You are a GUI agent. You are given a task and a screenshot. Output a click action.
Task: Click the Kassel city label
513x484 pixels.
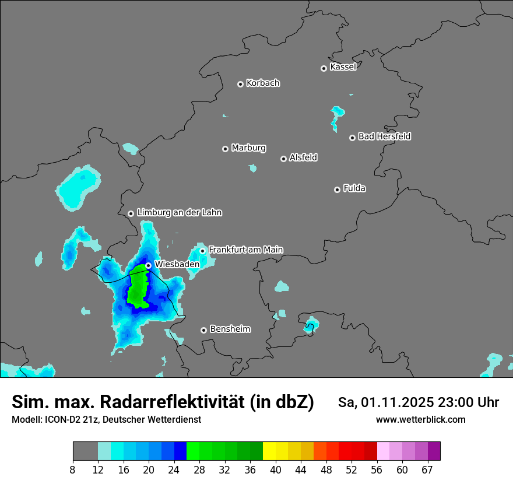[343, 67]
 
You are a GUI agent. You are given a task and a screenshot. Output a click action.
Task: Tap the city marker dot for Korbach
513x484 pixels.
[240, 84]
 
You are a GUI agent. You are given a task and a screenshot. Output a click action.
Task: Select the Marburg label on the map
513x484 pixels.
[248, 148]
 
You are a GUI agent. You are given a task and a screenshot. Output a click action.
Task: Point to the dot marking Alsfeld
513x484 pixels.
[283, 159]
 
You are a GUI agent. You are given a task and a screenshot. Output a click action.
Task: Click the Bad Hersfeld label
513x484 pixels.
[384, 136]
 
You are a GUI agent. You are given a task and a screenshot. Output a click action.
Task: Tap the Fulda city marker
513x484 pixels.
[337, 190]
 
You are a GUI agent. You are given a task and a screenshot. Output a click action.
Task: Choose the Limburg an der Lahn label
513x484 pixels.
[179, 213]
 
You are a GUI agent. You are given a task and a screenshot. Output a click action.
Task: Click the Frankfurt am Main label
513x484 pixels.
[245, 250]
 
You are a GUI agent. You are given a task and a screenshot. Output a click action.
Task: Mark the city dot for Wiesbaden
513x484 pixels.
[149, 265]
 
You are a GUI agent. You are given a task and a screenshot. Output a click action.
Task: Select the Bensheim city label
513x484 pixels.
[230, 329]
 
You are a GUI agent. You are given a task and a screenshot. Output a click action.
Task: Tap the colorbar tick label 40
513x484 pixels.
[275, 470]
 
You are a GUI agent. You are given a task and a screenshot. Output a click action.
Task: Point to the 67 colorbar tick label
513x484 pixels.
[427, 470]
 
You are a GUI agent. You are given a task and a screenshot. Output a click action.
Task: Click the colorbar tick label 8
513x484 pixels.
[73, 470]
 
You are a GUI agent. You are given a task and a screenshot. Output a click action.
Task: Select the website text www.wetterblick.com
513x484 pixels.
[420, 419]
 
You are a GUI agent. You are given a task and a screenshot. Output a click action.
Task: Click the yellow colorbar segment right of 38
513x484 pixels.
[269, 451]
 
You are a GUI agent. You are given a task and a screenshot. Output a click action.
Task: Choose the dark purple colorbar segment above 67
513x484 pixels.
[434, 451]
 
